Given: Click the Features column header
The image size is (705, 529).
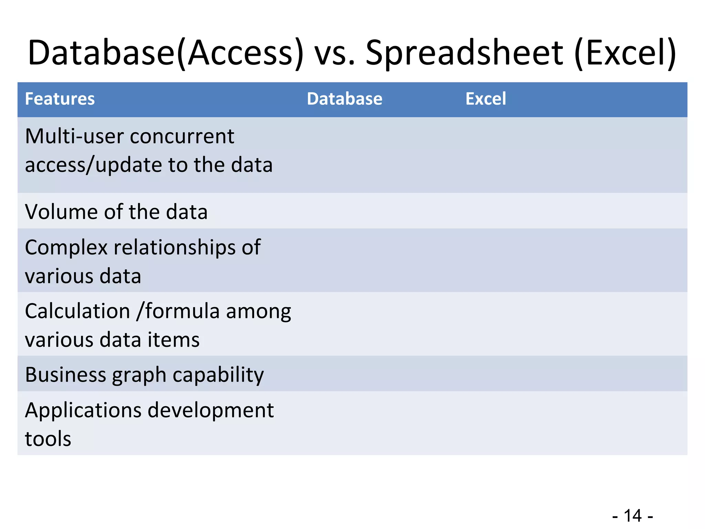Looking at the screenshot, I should (x=60, y=99).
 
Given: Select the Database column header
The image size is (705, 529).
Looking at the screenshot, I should (x=344, y=99).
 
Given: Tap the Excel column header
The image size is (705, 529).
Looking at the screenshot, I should (x=485, y=99).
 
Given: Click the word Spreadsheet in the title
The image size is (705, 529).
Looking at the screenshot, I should (x=464, y=53).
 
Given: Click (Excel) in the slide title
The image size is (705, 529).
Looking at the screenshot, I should (x=625, y=53).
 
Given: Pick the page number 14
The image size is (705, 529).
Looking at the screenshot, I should (x=633, y=516).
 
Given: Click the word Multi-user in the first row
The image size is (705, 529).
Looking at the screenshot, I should (x=74, y=136).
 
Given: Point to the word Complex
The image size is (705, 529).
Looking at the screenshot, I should (x=66, y=248).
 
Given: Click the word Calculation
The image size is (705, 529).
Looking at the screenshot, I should (x=77, y=311).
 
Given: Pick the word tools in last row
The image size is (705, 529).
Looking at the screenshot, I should (x=48, y=439).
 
